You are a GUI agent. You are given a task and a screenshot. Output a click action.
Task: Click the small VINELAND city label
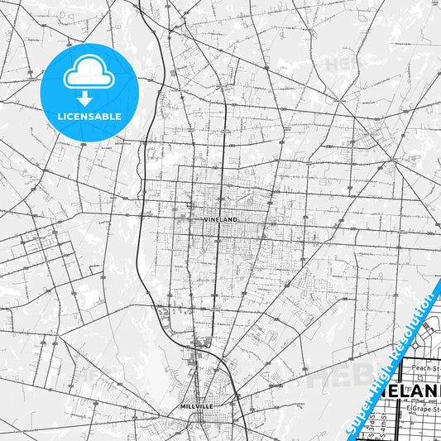coord(220,220)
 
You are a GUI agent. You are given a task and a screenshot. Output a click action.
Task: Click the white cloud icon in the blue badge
coord(87,75)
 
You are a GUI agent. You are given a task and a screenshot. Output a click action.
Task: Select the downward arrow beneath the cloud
coord(87,97)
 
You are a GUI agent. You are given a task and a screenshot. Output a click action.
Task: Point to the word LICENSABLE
coord(87,116)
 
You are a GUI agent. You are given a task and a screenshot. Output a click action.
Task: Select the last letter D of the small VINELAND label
coord(236,220)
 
